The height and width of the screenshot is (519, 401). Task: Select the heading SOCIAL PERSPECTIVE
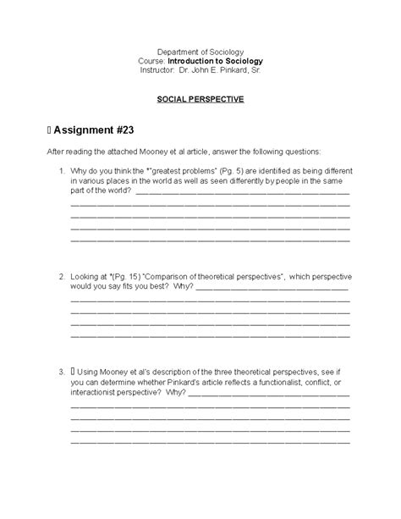point(200,99)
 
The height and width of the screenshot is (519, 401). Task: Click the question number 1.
point(62,171)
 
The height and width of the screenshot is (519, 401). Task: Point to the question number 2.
point(62,277)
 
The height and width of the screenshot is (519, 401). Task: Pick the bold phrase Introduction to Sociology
point(216,61)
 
